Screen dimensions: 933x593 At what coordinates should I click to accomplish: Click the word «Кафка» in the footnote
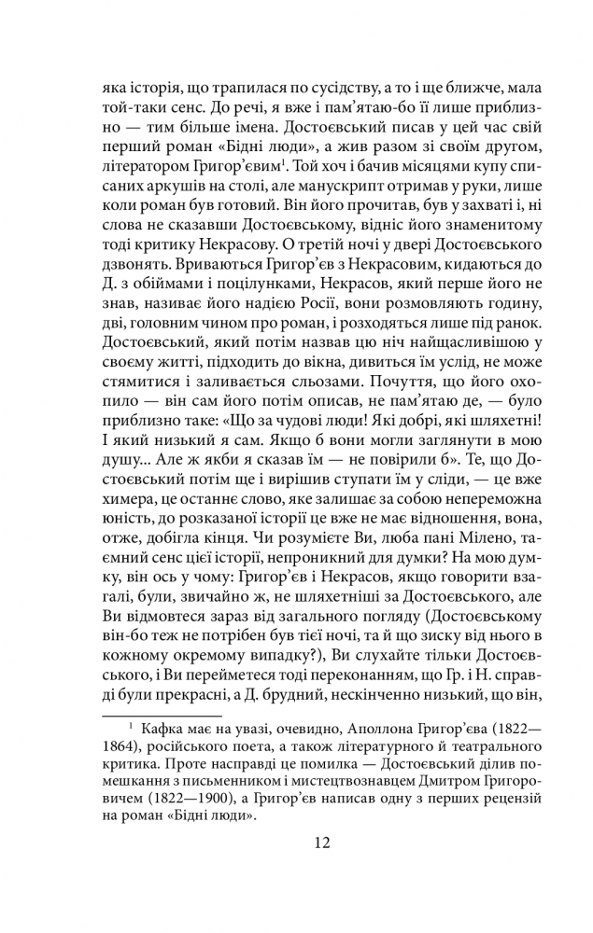pyautogui.click(x=165, y=727)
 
